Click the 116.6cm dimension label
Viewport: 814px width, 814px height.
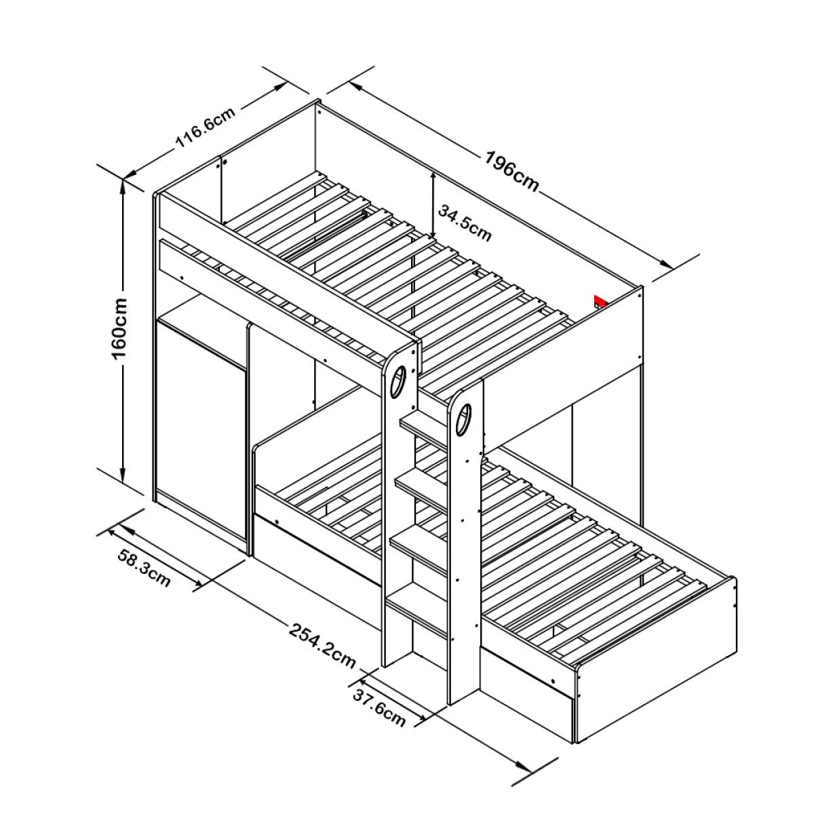(205, 128)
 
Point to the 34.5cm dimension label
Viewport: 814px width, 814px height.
(465, 222)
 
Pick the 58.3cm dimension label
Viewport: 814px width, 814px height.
(144, 568)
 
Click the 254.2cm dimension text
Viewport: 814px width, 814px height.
(322, 646)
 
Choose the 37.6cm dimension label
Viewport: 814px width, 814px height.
(379, 709)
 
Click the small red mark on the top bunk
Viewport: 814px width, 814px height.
(600, 302)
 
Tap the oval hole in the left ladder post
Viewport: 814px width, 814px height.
(398, 381)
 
